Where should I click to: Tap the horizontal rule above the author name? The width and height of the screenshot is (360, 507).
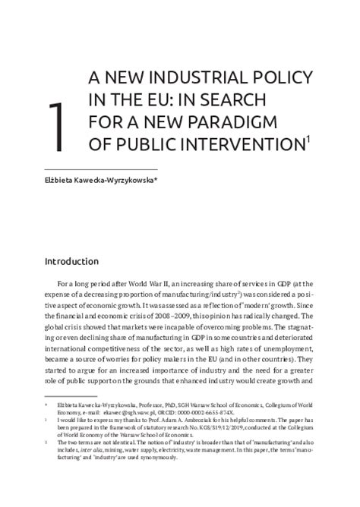click(101, 168)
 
